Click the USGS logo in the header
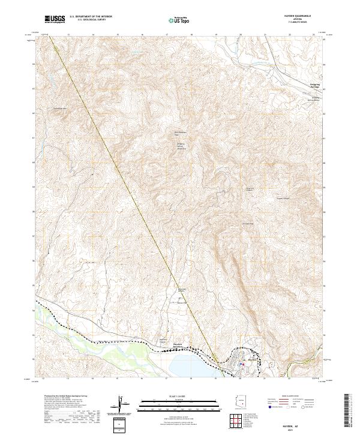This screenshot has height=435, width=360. [x=56, y=19]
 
